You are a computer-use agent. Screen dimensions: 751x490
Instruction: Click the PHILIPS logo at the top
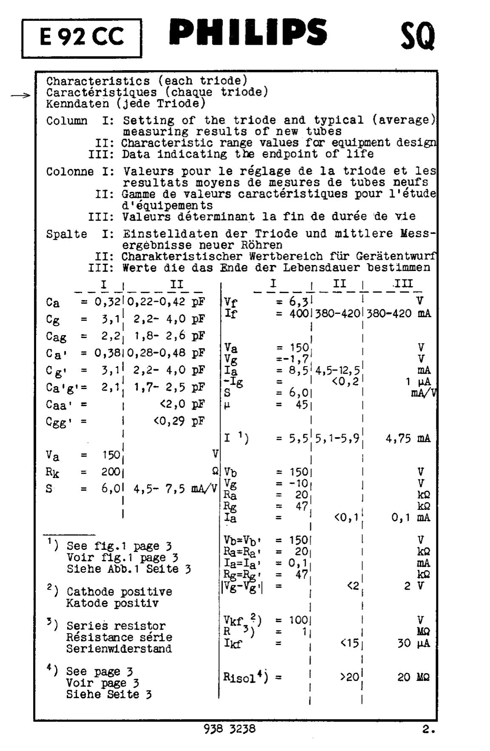click(x=248, y=32)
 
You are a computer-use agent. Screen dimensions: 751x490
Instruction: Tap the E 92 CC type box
click(x=82, y=38)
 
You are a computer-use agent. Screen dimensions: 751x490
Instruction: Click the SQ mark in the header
click(x=417, y=37)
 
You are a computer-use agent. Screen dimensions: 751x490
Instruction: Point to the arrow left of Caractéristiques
click(x=21, y=96)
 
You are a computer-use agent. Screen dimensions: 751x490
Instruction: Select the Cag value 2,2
click(x=110, y=336)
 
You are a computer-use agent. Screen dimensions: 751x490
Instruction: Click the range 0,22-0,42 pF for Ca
click(x=166, y=302)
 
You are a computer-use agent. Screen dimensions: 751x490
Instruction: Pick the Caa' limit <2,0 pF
click(x=179, y=404)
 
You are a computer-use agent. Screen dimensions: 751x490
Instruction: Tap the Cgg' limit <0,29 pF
click(x=179, y=421)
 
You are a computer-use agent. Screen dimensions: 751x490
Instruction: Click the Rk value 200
click(x=111, y=472)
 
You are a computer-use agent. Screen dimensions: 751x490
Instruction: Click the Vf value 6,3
click(x=298, y=302)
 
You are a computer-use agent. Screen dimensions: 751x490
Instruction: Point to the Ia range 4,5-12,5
click(x=337, y=370)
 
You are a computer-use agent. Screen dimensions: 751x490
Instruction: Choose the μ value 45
click(x=302, y=404)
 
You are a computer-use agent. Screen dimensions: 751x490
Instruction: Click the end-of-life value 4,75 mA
click(x=407, y=438)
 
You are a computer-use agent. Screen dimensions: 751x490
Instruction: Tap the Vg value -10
click(x=297, y=483)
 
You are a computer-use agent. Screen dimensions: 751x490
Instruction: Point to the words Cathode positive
click(x=119, y=592)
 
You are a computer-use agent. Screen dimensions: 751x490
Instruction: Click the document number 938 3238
click(x=230, y=729)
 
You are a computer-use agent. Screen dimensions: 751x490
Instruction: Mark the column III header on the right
click(x=403, y=284)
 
